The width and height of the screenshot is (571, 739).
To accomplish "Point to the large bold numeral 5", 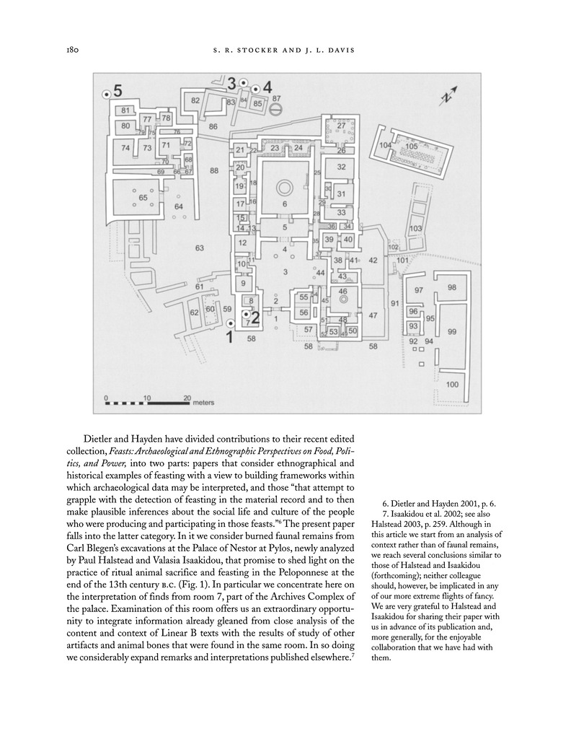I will point(118,91).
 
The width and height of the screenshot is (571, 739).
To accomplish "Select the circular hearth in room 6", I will point(284,188).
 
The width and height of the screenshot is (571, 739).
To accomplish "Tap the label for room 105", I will point(411,147).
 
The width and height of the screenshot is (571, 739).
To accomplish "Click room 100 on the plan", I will point(451,385).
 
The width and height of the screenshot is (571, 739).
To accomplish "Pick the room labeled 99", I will point(452,331).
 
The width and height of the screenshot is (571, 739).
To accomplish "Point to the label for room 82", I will point(195,100).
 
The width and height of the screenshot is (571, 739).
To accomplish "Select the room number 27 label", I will point(342,126).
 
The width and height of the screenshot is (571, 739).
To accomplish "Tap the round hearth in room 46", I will point(344,298).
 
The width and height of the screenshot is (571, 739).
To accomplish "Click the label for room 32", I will point(342,167).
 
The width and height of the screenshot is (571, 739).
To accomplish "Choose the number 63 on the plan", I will point(200,248).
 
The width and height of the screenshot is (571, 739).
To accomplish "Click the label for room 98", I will point(452,287).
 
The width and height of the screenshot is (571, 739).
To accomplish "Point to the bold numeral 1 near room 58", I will point(230,336).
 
